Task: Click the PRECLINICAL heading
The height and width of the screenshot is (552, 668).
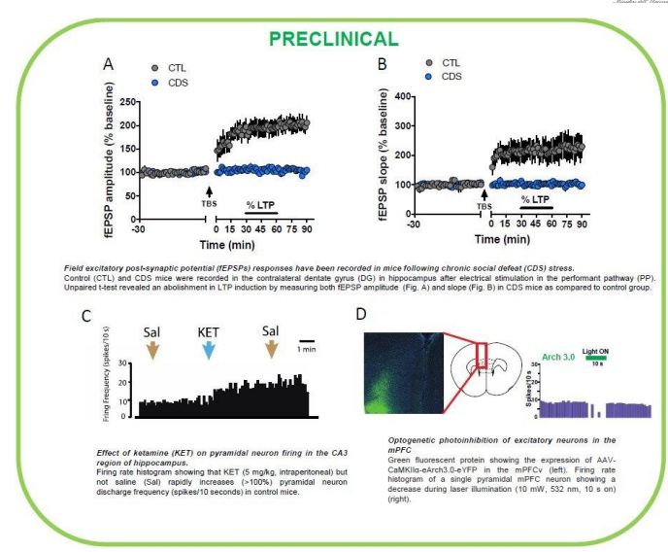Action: tap(333, 39)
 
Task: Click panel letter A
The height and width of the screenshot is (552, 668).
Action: tap(111, 64)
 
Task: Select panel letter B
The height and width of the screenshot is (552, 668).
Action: tap(382, 64)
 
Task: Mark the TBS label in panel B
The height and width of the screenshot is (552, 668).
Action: tap(483, 207)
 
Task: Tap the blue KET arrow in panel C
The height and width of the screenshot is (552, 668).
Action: tap(207, 351)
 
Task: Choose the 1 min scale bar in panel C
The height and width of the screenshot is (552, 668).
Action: tap(307, 340)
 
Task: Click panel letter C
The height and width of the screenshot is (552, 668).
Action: tap(86, 317)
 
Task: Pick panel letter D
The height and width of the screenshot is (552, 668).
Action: tap(361, 316)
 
